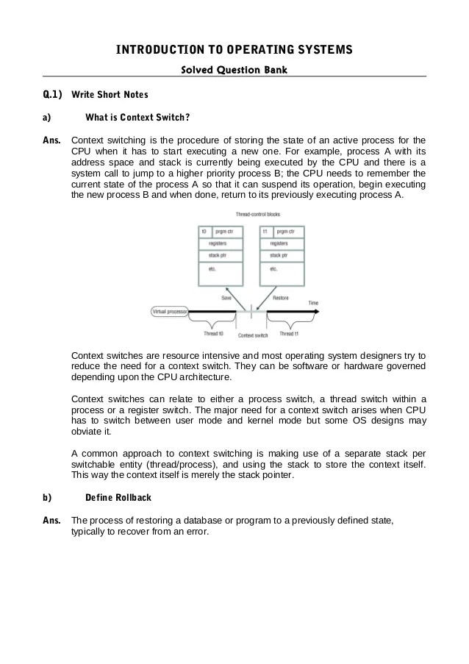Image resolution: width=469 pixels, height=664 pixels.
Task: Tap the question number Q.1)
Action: click(x=52, y=95)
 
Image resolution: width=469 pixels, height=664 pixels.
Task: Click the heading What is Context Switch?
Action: click(x=137, y=117)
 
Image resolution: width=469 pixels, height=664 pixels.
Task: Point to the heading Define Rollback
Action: click(x=118, y=498)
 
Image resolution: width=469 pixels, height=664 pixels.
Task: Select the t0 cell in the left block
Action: click(x=205, y=231)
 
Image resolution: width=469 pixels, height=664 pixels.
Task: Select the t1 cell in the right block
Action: click(x=265, y=231)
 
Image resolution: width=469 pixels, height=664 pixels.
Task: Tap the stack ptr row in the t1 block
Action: click(x=279, y=256)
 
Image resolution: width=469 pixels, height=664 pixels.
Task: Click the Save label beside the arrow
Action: click(x=227, y=297)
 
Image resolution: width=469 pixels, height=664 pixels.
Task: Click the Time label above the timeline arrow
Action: click(x=313, y=302)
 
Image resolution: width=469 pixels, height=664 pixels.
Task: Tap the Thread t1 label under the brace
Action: click(x=288, y=333)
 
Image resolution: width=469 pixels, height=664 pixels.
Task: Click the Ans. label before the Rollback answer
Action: click(x=51, y=521)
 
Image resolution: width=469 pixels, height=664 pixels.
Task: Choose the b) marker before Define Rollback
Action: click(x=46, y=498)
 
